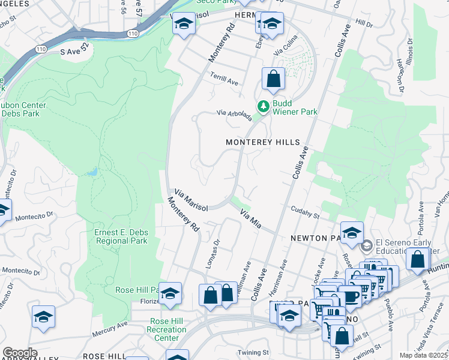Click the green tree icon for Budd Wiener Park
263,106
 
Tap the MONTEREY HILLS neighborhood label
262,142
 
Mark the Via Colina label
286,51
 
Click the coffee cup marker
350,296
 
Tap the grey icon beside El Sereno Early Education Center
366,246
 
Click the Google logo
20,352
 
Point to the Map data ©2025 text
424,355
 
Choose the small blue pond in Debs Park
91,173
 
